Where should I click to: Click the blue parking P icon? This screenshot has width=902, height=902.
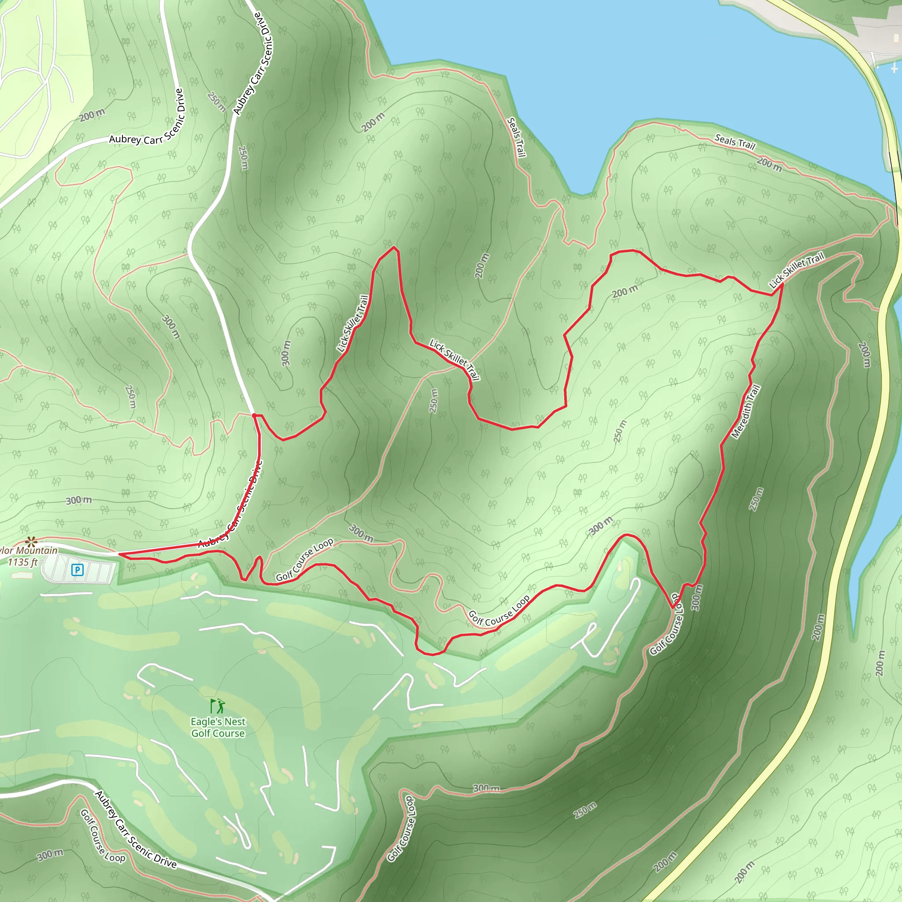pos(78,569)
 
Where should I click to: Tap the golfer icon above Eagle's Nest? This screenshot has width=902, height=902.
pos(218,706)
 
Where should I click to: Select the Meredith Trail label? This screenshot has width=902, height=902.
pos(746,411)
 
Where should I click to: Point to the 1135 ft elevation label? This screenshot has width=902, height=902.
pos(22,562)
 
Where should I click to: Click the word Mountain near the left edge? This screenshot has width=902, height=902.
pos(37,551)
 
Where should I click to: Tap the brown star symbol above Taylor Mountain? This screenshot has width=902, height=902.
pos(31,542)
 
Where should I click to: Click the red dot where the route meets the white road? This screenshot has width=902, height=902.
pos(254,415)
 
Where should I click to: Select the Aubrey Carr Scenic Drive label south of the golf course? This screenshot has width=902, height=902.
pos(135,831)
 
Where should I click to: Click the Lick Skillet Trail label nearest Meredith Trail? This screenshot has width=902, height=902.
pos(796,270)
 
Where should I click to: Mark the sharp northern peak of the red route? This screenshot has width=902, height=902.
pos(395,247)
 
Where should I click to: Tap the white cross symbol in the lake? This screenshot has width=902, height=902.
pos(894,69)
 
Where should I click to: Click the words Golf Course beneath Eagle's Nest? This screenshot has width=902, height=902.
pos(218,733)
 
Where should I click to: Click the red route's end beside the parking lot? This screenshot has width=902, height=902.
pos(120,554)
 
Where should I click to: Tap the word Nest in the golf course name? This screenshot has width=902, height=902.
pos(235,722)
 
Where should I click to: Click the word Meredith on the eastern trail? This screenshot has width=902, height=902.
pos(742,420)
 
